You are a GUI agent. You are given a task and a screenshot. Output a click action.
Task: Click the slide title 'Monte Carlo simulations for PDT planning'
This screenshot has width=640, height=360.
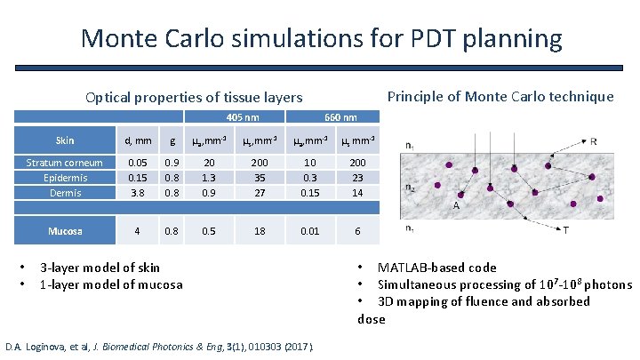click(320, 38)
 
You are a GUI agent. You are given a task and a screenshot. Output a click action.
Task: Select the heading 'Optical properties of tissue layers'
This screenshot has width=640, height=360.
click(193, 97)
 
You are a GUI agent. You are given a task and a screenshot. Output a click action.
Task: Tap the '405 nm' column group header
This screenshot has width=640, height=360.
click(243, 117)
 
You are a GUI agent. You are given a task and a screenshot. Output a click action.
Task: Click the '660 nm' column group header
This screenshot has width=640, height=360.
click(341, 117)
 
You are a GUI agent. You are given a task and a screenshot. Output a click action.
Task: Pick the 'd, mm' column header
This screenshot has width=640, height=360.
click(137, 140)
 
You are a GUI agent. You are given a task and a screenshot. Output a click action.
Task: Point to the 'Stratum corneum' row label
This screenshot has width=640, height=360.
click(64, 163)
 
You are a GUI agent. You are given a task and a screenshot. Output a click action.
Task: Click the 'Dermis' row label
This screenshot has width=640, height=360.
click(64, 191)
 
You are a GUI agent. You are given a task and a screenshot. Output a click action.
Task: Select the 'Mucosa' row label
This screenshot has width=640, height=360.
click(64, 231)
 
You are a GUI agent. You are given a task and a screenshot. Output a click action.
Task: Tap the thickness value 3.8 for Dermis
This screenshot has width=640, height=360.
click(137, 191)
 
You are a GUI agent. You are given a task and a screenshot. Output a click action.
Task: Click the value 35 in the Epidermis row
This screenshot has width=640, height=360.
click(260, 177)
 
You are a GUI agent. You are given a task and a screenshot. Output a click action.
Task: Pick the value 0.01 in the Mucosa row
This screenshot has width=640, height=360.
click(309, 231)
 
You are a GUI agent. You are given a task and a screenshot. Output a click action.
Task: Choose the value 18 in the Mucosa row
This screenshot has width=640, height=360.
click(260, 231)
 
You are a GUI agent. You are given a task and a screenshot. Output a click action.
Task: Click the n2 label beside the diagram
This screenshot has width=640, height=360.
click(409, 188)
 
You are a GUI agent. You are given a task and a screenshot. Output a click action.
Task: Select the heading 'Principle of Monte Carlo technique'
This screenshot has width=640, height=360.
click(500, 96)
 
